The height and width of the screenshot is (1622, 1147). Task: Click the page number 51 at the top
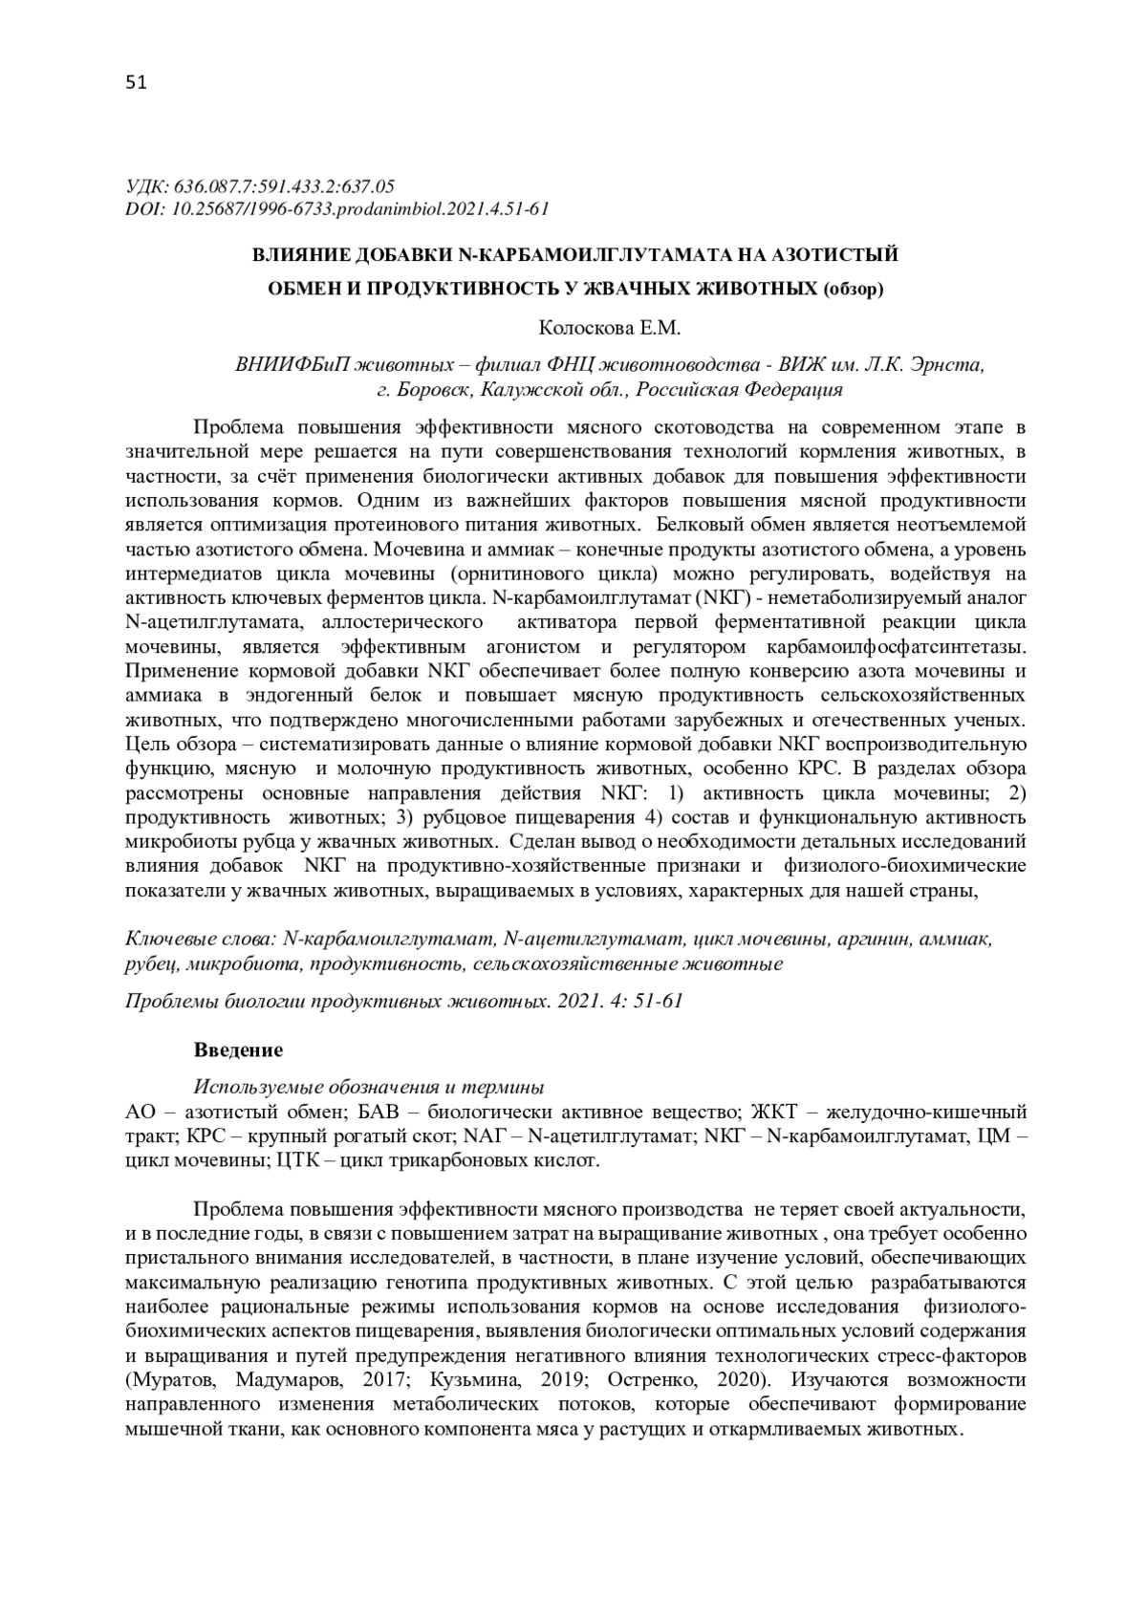click(136, 83)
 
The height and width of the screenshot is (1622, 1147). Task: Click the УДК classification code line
click(261, 185)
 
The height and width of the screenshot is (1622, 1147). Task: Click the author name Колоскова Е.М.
click(610, 328)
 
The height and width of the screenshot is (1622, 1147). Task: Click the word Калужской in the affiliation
click(521, 389)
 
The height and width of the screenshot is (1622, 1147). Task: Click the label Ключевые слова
click(202, 940)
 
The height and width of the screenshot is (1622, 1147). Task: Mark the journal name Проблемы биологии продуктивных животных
click(338, 1001)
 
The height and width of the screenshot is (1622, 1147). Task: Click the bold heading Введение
click(239, 1050)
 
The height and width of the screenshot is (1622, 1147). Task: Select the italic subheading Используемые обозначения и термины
click(369, 1087)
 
